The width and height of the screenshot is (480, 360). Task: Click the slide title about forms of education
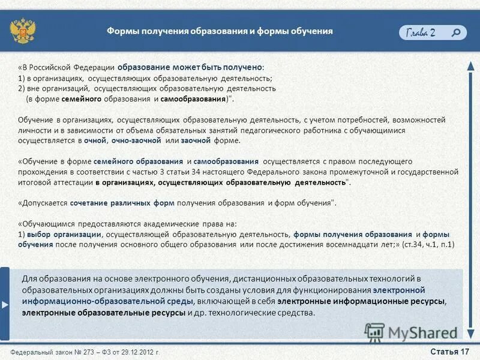(220, 31)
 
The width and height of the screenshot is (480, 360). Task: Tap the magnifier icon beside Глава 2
(457, 32)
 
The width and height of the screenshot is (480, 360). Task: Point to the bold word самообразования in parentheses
(191, 97)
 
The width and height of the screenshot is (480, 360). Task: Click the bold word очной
(95, 140)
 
